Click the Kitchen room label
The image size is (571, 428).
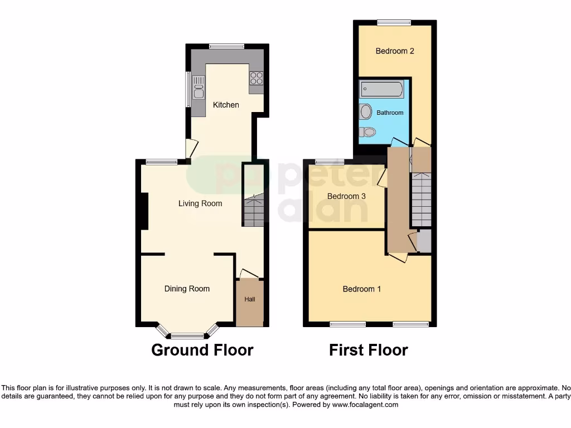[x=226, y=105]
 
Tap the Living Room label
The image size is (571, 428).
[x=200, y=203]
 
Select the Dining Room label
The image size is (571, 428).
[x=187, y=289]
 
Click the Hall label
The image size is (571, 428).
[x=250, y=299]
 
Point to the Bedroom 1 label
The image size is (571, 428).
[x=362, y=289]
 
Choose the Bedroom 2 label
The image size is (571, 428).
[x=395, y=51]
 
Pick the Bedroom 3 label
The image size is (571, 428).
[x=346, y=196]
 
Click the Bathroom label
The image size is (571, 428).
[x=390, y=113]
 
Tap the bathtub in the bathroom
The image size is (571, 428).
[x=382, y=89]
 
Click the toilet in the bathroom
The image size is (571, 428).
[x=367, y=132]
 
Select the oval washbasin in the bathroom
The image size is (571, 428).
[x=366, y=112]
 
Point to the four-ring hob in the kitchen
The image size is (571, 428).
[x=257, y=79]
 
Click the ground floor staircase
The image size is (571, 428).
[x=253, y=210]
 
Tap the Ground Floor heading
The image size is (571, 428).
[x=202, y=350]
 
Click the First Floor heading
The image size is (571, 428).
[x=368, y=350]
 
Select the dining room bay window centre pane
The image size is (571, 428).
[x=187, y=335]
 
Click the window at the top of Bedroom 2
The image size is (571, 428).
[x=394, y=22]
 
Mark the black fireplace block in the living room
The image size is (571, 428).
[x=144, y=211]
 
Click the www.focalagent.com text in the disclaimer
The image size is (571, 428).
[x=365, y=405]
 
